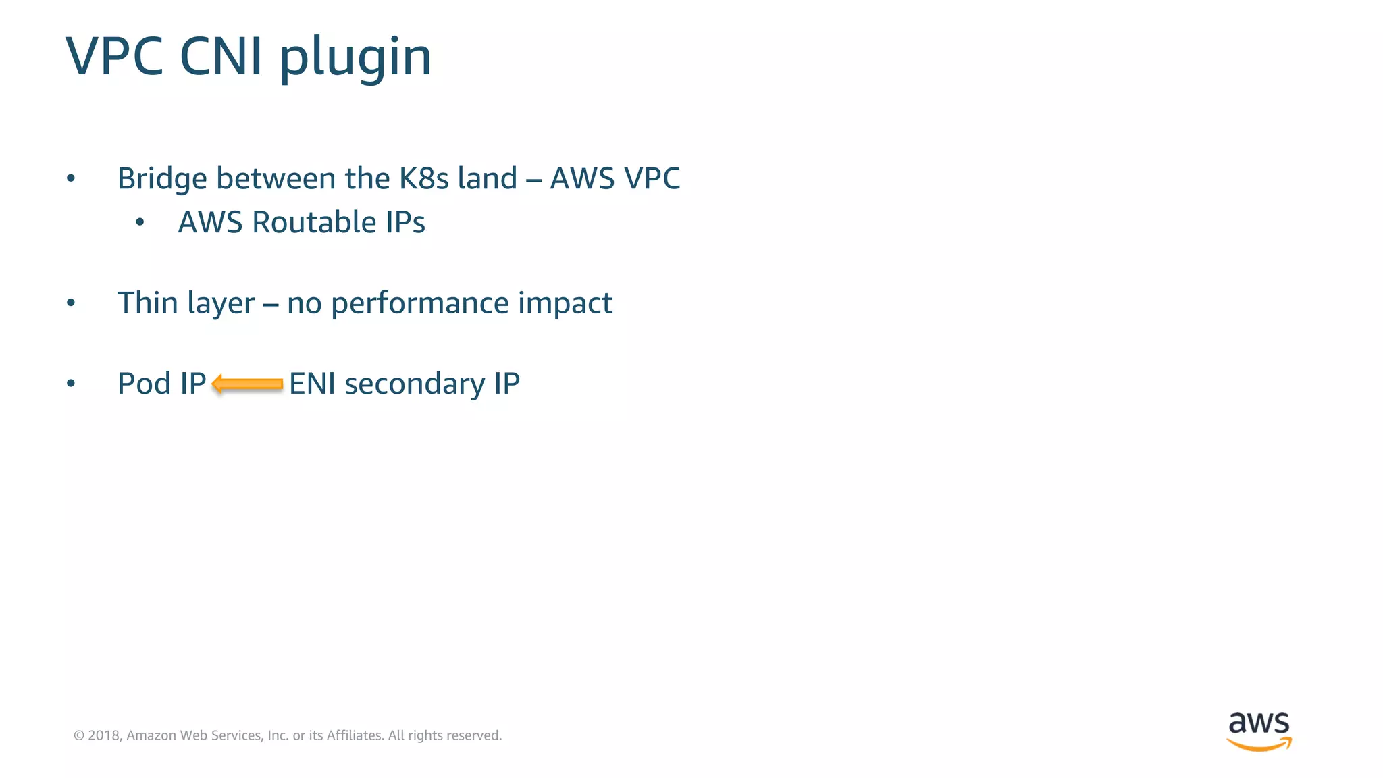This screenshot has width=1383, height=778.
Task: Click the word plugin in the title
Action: (x=355, y=58)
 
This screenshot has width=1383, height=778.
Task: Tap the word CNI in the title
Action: (x=221, y=57)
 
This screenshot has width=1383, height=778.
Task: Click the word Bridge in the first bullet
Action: (x=162, y=179)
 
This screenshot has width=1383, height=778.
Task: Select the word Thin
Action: (x=148, y=303)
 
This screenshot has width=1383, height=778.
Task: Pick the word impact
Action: (x=565, y=303)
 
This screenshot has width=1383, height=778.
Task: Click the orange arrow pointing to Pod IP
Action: (x=247, y=384)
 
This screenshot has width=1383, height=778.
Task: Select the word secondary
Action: (x=415, y=384)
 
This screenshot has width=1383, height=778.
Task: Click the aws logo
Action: (x=1259, y=731)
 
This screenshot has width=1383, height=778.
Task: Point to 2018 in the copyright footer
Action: (x=104, y=735)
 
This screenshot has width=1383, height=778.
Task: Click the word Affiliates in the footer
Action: (x=355, y=735)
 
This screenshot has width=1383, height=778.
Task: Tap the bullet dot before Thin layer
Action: (x=71, y=303)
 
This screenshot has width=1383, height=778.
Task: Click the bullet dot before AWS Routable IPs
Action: (x=140, y=222)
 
